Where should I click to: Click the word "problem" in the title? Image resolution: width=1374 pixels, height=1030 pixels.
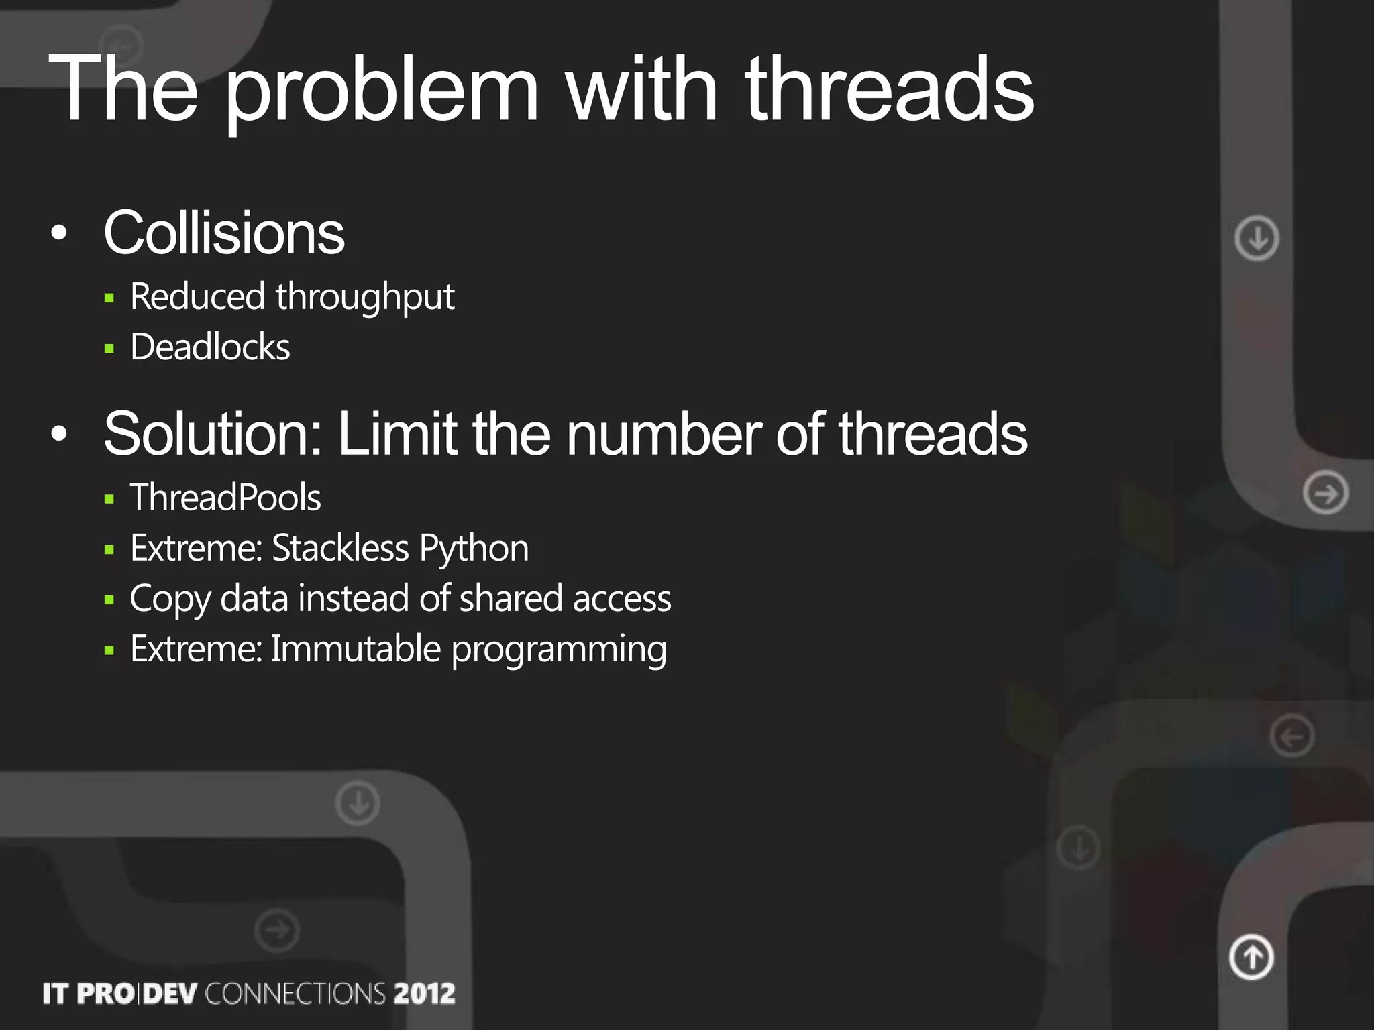pos(381,91)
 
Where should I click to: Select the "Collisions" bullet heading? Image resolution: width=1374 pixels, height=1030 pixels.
pos(224,233)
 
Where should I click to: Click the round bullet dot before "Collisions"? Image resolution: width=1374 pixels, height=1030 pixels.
pos(59,233)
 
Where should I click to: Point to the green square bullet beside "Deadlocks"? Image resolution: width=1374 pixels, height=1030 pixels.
pos(109,348)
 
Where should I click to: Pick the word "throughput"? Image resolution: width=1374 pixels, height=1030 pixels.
pos(365,297)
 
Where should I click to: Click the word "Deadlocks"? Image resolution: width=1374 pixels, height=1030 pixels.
pos(210,347)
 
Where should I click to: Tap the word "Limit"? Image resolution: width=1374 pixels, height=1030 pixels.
pos(398,434)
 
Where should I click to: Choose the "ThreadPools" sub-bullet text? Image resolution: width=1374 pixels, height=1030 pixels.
pos(225,498)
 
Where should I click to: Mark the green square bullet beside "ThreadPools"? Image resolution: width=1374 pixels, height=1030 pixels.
pos(109,498)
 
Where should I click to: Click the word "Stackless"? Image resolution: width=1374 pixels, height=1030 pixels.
pos(340,548)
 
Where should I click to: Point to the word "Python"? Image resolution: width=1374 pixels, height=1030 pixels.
pos(474,549)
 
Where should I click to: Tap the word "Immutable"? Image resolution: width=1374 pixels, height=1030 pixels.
pos(356,648)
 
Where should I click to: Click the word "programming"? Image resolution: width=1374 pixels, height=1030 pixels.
pos(559,650)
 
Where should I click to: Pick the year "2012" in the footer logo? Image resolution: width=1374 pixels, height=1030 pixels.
pos(425,993)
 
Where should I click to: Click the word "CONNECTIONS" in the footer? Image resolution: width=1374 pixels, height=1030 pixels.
pos(295,993)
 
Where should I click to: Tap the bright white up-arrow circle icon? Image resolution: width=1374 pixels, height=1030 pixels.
pos(1251,957)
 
